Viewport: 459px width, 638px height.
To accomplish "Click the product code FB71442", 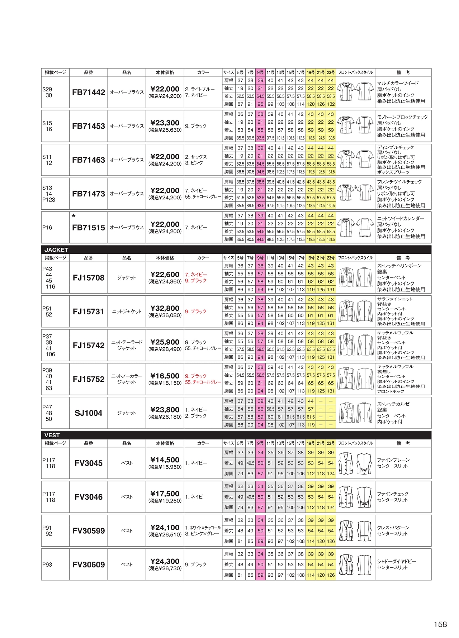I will coord(89,92).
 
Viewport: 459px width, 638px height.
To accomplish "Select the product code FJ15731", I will coord(89,312).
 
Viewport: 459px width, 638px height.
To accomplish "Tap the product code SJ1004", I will coord(89,413).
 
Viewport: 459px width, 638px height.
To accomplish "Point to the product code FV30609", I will coord(89,565).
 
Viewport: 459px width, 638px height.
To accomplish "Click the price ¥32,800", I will coord(165,308).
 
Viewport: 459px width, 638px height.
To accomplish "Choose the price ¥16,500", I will coord(165,376).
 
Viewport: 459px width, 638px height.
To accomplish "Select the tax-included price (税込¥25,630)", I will coord(165,130).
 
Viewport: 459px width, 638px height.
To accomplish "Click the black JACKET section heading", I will coord(56,250).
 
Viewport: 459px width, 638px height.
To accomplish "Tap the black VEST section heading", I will coord(52,435).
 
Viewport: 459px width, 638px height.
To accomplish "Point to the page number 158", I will coord(440,624).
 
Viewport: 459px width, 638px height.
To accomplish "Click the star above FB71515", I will coord(74,216).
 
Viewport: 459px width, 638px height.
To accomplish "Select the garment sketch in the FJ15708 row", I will coord(355,277).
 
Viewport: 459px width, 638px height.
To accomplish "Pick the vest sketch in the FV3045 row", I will coord(355,463).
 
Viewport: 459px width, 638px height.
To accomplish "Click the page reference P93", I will coord(47,565).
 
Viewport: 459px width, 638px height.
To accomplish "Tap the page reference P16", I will coord(47,228).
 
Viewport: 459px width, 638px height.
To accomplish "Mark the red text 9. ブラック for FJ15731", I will coord(196,311).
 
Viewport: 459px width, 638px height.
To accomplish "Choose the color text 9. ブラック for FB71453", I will coord(196,126).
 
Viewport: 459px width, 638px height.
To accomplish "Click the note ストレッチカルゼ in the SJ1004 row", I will coord(393,404).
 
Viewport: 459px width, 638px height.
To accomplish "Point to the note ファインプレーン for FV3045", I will coord(393,460).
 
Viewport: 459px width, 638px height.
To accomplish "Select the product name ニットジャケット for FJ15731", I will coord(127,311).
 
